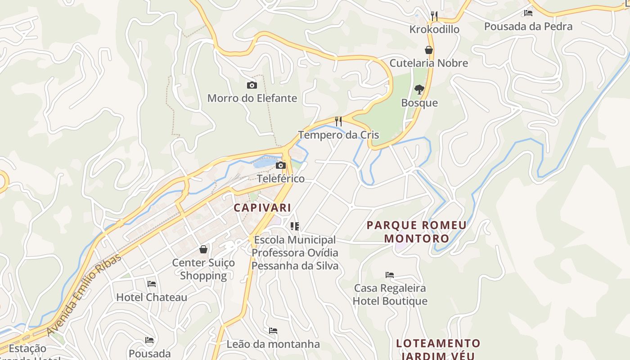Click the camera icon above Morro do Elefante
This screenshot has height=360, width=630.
pyautogui.click(x=252, y=85)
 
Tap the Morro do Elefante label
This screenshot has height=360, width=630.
pyautogui.click(x=252, y=98)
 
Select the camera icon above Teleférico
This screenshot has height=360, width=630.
pyautogui.click(x=281, y=165)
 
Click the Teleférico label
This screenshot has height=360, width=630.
pyautogui.click(x=281, y=179)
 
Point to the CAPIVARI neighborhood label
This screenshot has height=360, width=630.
pyautogui.click(x=262, y=208)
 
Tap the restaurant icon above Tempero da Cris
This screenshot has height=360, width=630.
pyautogui.click(x=338, y=121)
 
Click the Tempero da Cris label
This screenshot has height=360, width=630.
pyautogui.click(x=338, y=135)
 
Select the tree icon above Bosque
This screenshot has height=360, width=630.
pyautogui.click(x=419, y=90)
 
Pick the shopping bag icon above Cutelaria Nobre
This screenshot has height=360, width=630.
pyautogui.click(x=429, y=49)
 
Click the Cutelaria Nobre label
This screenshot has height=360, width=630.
pyautogui.click(x=429, y=63)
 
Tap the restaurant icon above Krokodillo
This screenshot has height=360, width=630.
pyautogui.click(x=434, y=16)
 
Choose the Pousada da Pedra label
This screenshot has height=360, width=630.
pyautogui.click(x=528, y=27)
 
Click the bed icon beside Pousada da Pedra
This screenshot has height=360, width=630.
pyautogui.click(x=528, y=13)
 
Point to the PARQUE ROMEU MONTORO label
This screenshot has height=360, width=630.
pyautogui.click(x=417, y=231)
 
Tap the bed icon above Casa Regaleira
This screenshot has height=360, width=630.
pyautogui.click(x=390, y=274)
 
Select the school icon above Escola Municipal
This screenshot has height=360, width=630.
pyautogui.click(x=295, y=226)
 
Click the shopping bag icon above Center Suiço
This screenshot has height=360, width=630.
pyautogui.click(x=203, y=249)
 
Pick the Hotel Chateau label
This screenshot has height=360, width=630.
pyautogui.click(x=152, y=297)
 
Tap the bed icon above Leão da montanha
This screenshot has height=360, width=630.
pyautogui.click(x=273, y=331)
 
